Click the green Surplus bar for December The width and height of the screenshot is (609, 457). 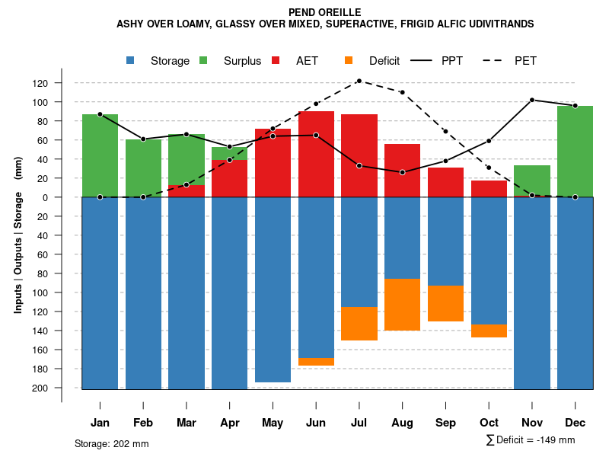point(575,151)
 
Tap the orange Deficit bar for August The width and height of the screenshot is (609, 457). point(402,304)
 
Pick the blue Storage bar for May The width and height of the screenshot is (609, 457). point(273,289)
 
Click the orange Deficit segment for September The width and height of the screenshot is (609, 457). point(445,303)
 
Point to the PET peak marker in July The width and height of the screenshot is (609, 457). point(359,81)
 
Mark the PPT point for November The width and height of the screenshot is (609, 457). point(532,100)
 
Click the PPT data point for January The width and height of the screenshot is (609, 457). point(100,114)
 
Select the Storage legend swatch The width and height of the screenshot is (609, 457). point(131,61)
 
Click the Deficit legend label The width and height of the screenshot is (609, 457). point(384,61)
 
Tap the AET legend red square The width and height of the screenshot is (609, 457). point(276,61)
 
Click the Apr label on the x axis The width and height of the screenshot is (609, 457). point(229,423)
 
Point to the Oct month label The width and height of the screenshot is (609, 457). point(489,423)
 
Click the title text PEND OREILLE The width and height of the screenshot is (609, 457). point(325,12)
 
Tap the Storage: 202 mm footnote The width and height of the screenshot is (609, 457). point(112,443)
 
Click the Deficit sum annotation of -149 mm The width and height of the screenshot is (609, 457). point(531,440)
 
